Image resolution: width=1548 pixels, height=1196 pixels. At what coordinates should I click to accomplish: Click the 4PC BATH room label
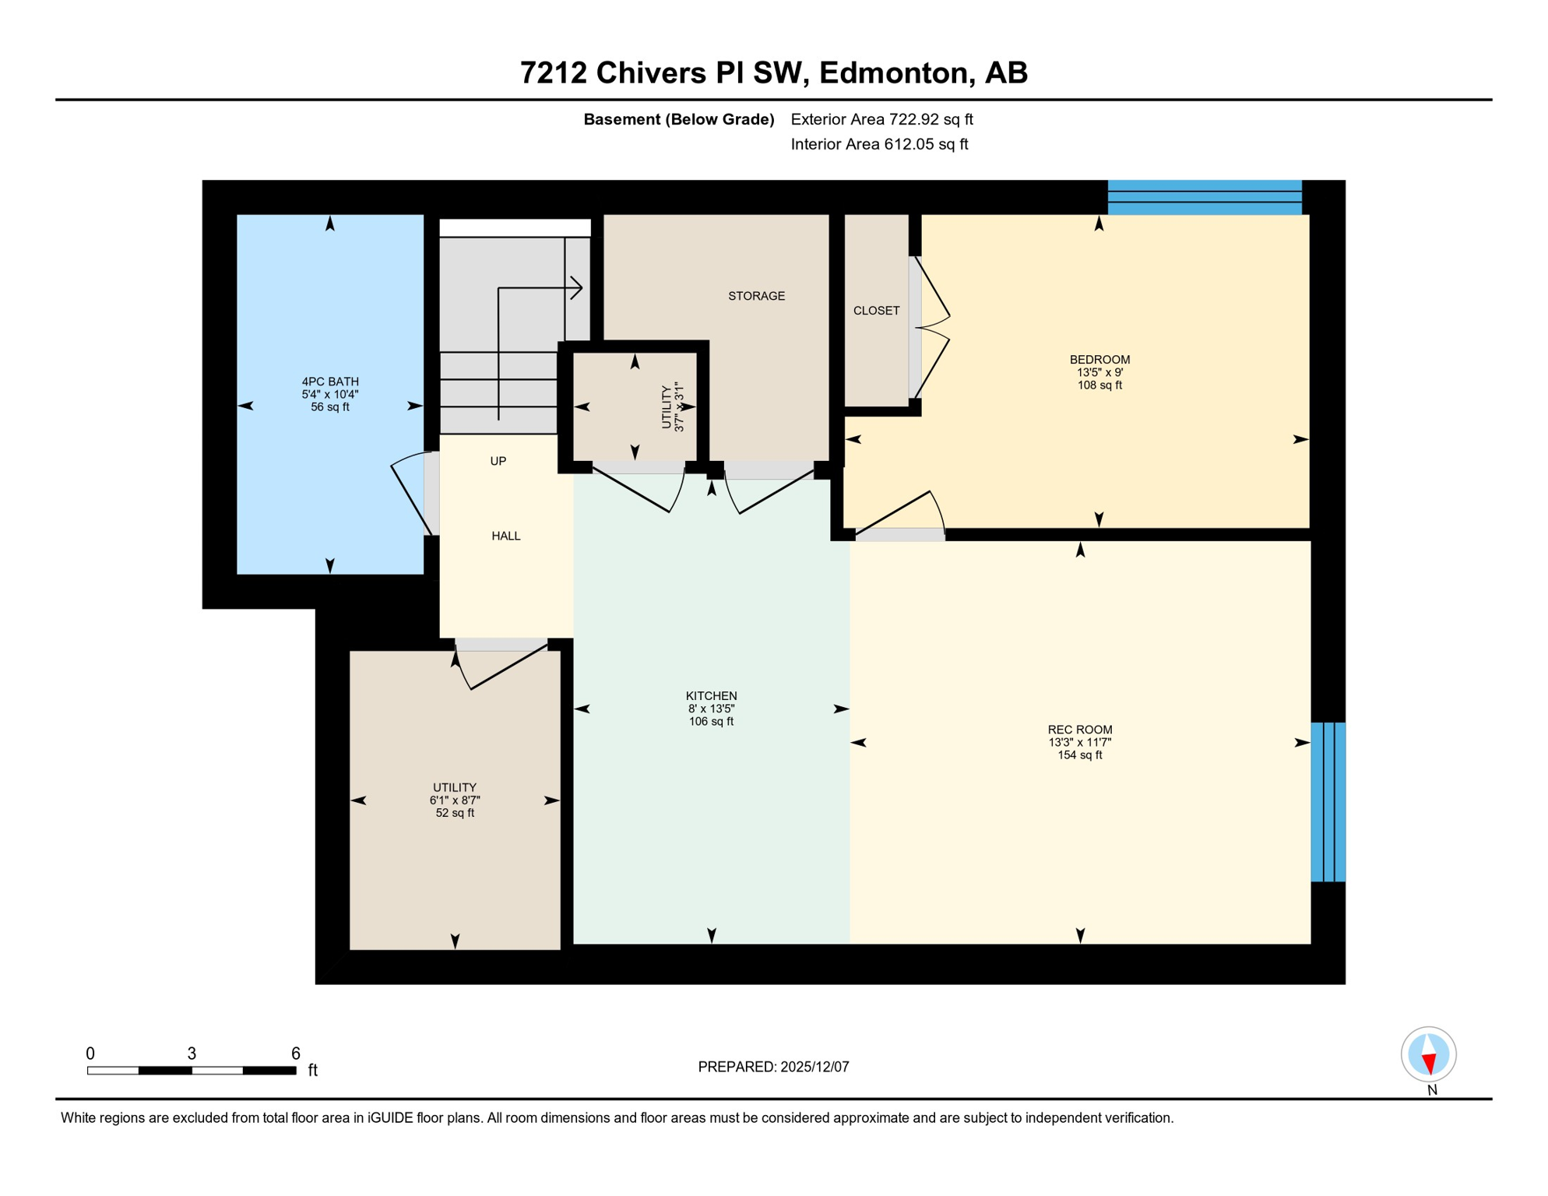pos(330,382)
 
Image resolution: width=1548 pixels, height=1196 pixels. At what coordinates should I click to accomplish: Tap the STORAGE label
pos(756,296)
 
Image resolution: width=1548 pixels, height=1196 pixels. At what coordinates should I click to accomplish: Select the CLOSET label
pos(876,311)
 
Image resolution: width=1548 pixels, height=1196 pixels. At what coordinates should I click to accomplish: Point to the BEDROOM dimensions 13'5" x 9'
pos(1099,372)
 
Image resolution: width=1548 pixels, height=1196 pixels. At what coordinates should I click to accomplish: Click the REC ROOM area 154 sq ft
pos(1079,755)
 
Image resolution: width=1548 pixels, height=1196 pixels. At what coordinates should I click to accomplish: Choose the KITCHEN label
pos(711,696)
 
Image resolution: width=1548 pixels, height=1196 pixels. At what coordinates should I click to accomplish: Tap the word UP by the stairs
pos(498,461)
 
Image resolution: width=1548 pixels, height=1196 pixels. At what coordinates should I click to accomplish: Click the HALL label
pos(505,536)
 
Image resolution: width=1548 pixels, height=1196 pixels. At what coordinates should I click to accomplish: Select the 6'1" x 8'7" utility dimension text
pos(455,800)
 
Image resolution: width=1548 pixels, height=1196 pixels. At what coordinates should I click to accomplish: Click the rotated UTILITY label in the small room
pos(667,406)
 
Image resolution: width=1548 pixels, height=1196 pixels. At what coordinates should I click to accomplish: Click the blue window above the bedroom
pos(1204,197)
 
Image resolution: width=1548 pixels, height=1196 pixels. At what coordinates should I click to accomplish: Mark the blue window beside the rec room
pos(1328,801)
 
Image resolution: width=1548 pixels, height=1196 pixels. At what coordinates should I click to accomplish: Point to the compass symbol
pos(1428,1054)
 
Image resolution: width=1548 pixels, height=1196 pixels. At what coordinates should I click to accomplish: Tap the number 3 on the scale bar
pos(192,1054)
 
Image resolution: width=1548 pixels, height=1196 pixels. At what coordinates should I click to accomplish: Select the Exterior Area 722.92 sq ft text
pos(881,119)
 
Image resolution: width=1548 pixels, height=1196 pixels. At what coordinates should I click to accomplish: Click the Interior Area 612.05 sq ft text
pos(879,144)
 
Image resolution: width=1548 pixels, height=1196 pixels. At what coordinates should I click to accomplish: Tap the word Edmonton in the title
pos(895,72)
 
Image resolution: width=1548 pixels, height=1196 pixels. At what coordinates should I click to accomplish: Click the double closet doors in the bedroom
pos(934,329)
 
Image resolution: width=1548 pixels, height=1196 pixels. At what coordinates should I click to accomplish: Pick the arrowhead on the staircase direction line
pos(578,287)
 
